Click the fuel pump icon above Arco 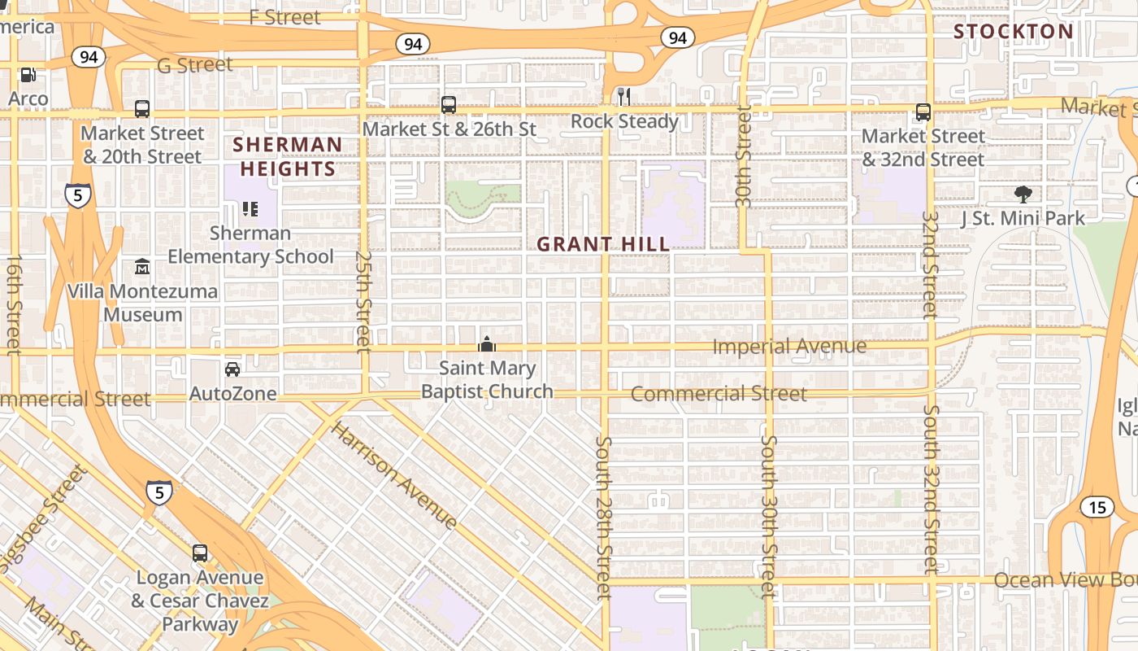tap(28, 75)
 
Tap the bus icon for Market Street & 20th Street tap(142, 109)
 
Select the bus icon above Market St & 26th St tap(449, 105)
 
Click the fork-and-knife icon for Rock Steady tap(624, 97)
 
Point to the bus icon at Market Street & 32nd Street tap(923, 112)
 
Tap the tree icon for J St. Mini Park tap(1023, 194)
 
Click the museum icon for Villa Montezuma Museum tap(142, 267)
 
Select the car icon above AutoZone tap(232, 369)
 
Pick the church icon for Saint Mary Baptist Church tap(487, 344)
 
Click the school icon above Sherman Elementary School tap(250, 209)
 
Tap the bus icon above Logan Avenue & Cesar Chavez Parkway tap(200, 553)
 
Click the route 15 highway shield tap(1097, 508)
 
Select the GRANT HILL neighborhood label tap(603, 244)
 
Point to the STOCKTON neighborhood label tap(1013, 32)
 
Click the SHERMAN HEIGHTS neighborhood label tap(287, 157)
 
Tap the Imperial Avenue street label tap(788, 347)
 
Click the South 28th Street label tap(603, 518)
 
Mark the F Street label tap(284, 17)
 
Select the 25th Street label tap(363, 301)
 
